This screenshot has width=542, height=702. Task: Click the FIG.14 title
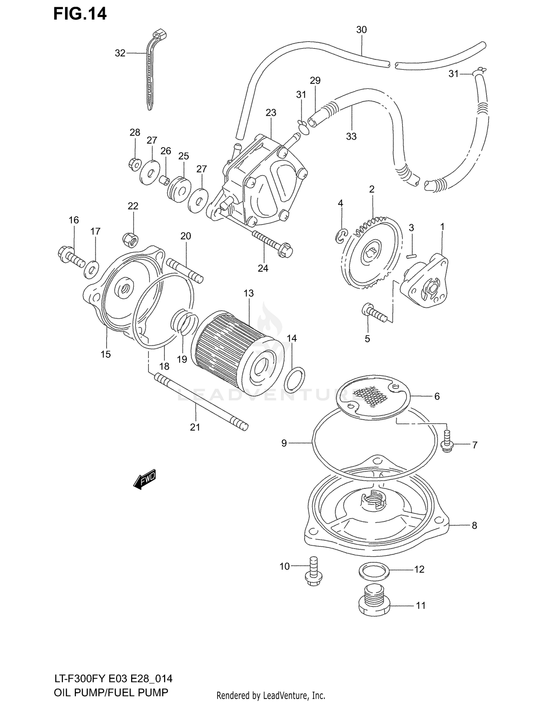click(x=80, y=14)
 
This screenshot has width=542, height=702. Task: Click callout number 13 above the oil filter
click(x=249, y=293)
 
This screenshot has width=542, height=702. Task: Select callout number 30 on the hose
click(x=361, y=30)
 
